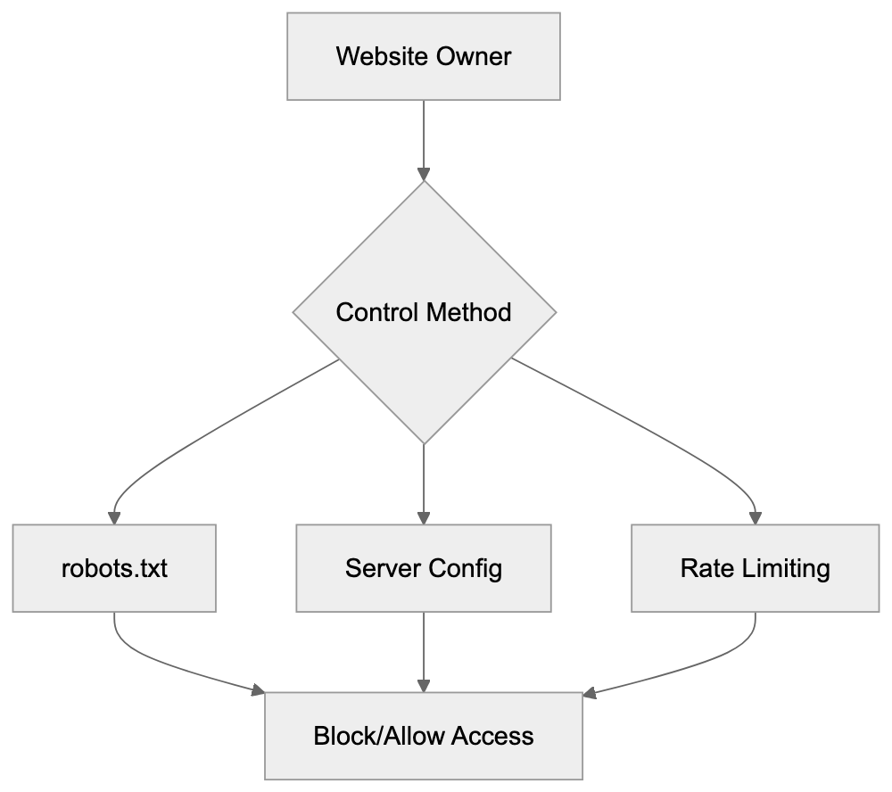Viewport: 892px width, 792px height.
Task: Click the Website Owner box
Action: pyautogui.click(x=423, y=56)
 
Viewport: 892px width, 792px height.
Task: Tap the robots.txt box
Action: pyautogui.click(x=114, y=568)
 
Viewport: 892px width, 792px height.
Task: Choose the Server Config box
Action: pyautogui.click(x=423, y=568)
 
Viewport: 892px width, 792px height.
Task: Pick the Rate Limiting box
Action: pyautogui.click(x=755, y=568)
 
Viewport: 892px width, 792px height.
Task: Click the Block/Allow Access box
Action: pyautogui.click(x=423, y=736)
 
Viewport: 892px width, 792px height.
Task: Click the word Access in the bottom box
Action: pyautogui.click(x=492, y=736)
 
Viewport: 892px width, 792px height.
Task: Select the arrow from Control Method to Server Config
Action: pyautogui.click(x=424, y=482)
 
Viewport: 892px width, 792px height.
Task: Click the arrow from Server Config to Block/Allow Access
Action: pyautogui.click(x=424, y=651)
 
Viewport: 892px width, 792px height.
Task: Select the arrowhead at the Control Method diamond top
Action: pyautogui.click(x=424, y=174)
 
